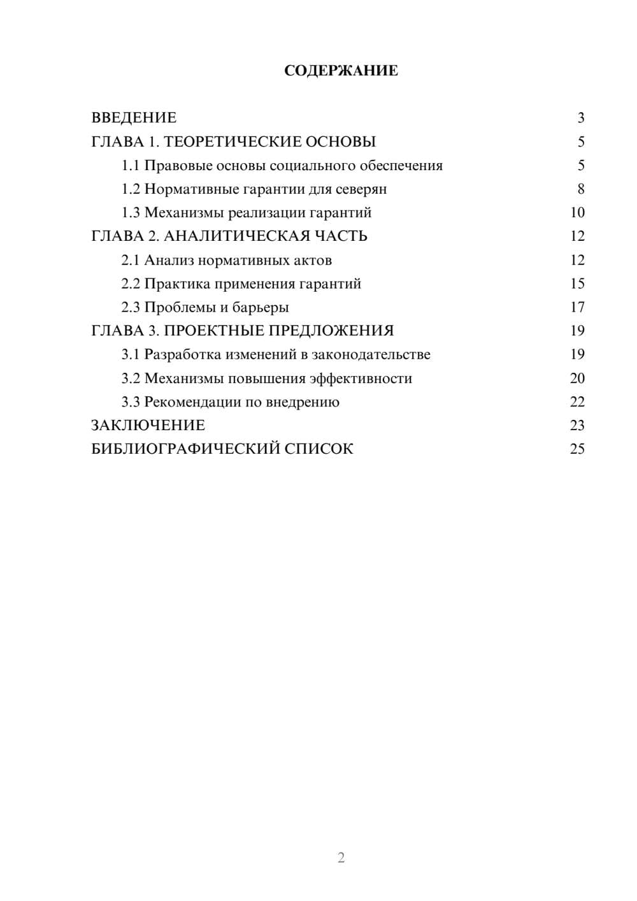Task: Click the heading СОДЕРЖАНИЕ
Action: [x=341, y=71]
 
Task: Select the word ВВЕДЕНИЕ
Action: [x=134, y=118]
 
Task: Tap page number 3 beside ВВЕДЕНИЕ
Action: [x=580, y=118]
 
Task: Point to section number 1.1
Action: [x=131, y=166]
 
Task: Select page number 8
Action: [x=580, y=189]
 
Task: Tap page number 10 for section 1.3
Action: [x=577, y=213]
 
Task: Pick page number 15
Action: [x=577, y=284]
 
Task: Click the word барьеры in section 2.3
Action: [x=261, y=308]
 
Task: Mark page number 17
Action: [x=577, y=308]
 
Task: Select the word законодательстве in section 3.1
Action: [x=371, y=354]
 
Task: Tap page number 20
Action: [x=577, y=378]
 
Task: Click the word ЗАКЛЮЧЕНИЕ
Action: [x=148, y=426]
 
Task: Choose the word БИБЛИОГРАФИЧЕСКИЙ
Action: [x=185, y=449]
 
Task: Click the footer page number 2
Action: [x=341, y=858]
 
